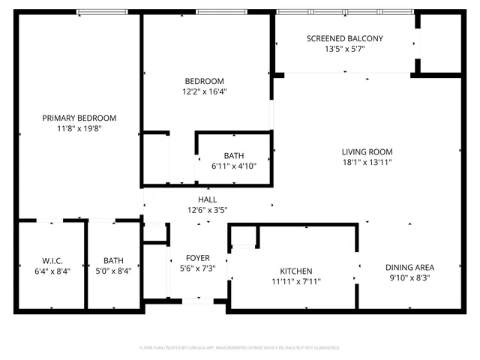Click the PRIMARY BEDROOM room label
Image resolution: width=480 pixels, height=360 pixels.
coord(79,118)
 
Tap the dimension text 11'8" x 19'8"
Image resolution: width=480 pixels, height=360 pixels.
coord(79,128)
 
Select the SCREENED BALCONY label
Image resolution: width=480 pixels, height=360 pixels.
coord(345,39)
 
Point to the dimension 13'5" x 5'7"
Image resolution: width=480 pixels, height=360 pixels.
coord(345,49)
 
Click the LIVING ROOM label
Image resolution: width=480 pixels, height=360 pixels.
coord(367,151)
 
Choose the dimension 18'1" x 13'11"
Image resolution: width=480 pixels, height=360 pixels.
coord(367,162)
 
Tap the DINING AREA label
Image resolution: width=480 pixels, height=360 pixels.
coord(409,267)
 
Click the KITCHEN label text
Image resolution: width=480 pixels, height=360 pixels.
coord(296,271)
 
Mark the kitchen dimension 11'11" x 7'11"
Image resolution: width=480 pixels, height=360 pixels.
coord(296,281)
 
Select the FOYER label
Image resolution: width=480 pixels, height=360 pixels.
coord(198,258)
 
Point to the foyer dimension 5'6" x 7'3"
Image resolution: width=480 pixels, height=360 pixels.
coord(198,268)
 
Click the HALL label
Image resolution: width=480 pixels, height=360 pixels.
coord(207,199)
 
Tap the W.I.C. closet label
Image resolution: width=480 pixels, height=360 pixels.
coord(51,261)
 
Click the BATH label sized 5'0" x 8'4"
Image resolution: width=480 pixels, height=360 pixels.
coord(113,261)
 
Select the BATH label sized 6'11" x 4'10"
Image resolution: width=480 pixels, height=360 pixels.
coord(233,156)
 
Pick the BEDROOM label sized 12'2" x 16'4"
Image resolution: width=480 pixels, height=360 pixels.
coord(205,81)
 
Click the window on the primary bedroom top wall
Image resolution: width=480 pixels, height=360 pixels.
coord(102,12)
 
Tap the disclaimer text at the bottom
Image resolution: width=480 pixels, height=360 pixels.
coord(240,348)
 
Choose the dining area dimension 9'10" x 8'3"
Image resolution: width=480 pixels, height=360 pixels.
coord(409,277)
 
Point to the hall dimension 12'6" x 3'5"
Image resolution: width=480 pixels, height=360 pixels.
coord(207,210)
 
